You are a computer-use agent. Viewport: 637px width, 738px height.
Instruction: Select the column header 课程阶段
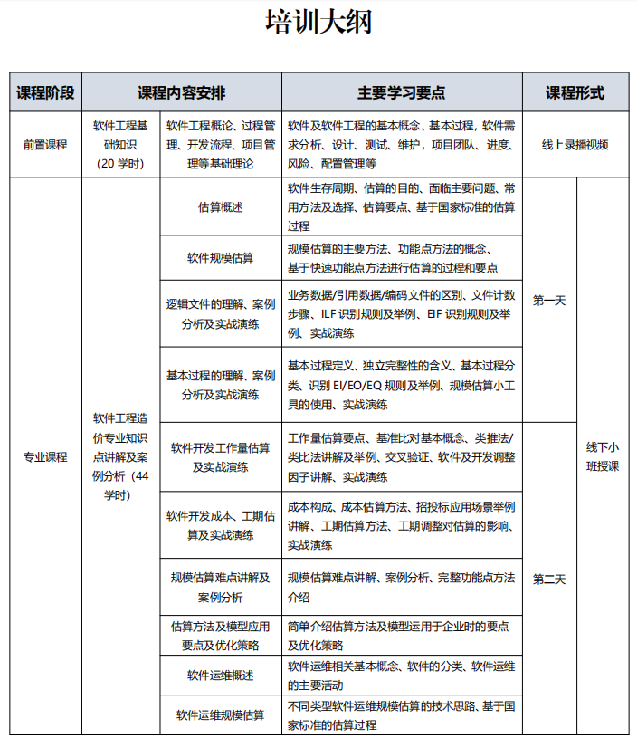pos(45,93)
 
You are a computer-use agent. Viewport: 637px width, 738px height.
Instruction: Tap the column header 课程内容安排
pos(182,93)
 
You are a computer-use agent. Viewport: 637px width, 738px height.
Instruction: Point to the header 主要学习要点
pos(402,93)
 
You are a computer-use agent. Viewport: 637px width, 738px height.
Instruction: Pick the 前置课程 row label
pos(45,145)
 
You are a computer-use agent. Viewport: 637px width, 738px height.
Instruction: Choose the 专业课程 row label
pos(45,456)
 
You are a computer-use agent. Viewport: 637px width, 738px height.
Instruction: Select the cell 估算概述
pos(220,207)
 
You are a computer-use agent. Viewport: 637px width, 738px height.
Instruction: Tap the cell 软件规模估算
pos(220,257)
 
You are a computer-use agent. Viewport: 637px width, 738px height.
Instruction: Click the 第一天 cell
pos(549,301)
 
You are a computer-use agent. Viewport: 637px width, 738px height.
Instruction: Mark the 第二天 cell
pos(549,580)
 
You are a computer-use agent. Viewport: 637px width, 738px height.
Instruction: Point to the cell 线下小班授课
pos(602,456)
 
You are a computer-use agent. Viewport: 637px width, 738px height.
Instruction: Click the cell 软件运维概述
pos(220,676)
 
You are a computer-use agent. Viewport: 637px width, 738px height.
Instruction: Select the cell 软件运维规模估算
pos(220,715)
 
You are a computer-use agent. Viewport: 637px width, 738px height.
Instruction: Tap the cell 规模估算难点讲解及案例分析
pos(220,587)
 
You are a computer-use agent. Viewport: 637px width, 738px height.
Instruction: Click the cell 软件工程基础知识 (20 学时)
pos(120,145)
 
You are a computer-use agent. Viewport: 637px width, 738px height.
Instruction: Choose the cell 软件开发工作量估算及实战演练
pos(220,456)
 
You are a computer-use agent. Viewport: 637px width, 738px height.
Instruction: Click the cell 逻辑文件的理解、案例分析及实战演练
pos(220,313)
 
